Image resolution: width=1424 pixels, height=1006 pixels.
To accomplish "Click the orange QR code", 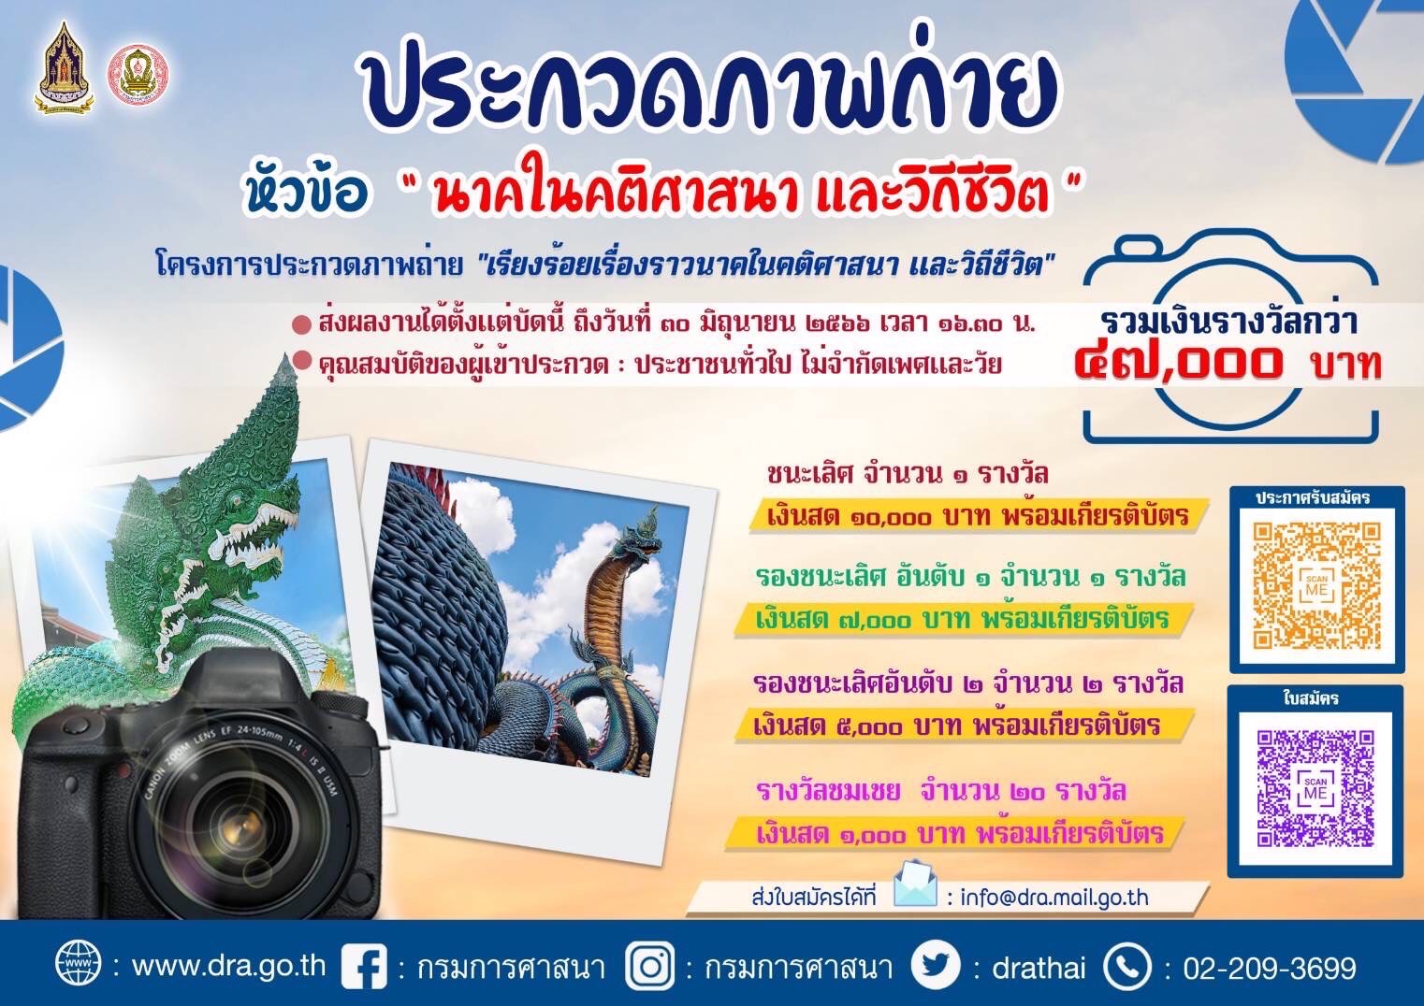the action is coord(1316,585).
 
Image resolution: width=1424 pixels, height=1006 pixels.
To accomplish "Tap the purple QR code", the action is coord(1315,788).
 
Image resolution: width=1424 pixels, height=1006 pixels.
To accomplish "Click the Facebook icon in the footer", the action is coord(364,968).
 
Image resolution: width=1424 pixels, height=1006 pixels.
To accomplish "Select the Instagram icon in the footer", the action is coord(649,967).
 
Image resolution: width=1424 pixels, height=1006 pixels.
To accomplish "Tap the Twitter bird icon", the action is coord(935,967).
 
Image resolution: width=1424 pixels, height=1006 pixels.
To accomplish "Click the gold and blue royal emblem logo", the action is coord(64,67).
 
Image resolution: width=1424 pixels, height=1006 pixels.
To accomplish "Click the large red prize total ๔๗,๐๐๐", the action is coord(1177,364).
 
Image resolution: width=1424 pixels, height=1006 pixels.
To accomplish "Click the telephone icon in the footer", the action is coord(1126,967).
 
